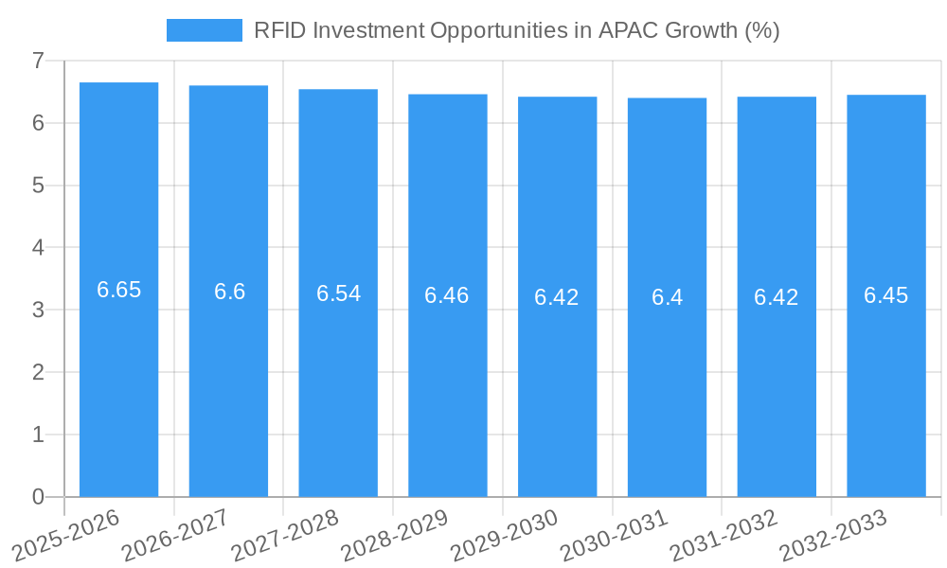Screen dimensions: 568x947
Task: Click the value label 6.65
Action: [x=119, y=290]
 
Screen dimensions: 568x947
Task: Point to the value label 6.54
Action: [x=338, y=293]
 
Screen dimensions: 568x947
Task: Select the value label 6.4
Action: [x=667, y=297]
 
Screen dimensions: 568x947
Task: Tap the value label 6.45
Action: [x=886, y=295]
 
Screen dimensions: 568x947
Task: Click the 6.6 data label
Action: [x=229, y=292]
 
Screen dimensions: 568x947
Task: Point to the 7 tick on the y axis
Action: [x=38, y=61]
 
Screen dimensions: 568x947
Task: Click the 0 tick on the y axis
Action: [x=38, y=497]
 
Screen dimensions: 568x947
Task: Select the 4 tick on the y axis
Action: [x=38, y=248]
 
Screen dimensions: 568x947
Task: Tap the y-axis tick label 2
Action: [x=38, y=372]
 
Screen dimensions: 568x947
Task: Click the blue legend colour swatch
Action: [x=204, y=30]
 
